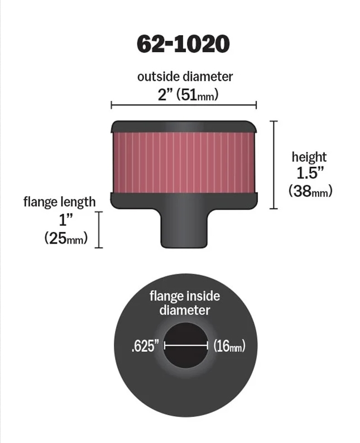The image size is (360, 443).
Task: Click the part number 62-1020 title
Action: pos(184,45)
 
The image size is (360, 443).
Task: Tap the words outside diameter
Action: pos(185,77)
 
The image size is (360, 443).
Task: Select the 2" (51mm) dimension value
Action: pos(185,94)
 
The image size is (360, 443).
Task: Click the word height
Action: pos(309,157)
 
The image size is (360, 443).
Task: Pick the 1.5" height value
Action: pos(310,174)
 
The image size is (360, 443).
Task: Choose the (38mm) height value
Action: pos(310,191)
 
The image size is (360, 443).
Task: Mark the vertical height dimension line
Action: pos(274,165)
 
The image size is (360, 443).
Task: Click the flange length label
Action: pos(59,201)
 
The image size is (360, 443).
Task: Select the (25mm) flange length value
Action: pos(66,239)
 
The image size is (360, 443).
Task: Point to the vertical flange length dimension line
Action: pos(99,229)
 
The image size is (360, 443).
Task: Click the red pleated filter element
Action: pos(185,163)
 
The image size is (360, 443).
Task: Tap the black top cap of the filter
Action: pos(185,126)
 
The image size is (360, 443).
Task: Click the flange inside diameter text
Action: pos(185,303)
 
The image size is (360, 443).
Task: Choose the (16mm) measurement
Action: pos(229,346)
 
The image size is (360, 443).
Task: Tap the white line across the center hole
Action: pos(186,346)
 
